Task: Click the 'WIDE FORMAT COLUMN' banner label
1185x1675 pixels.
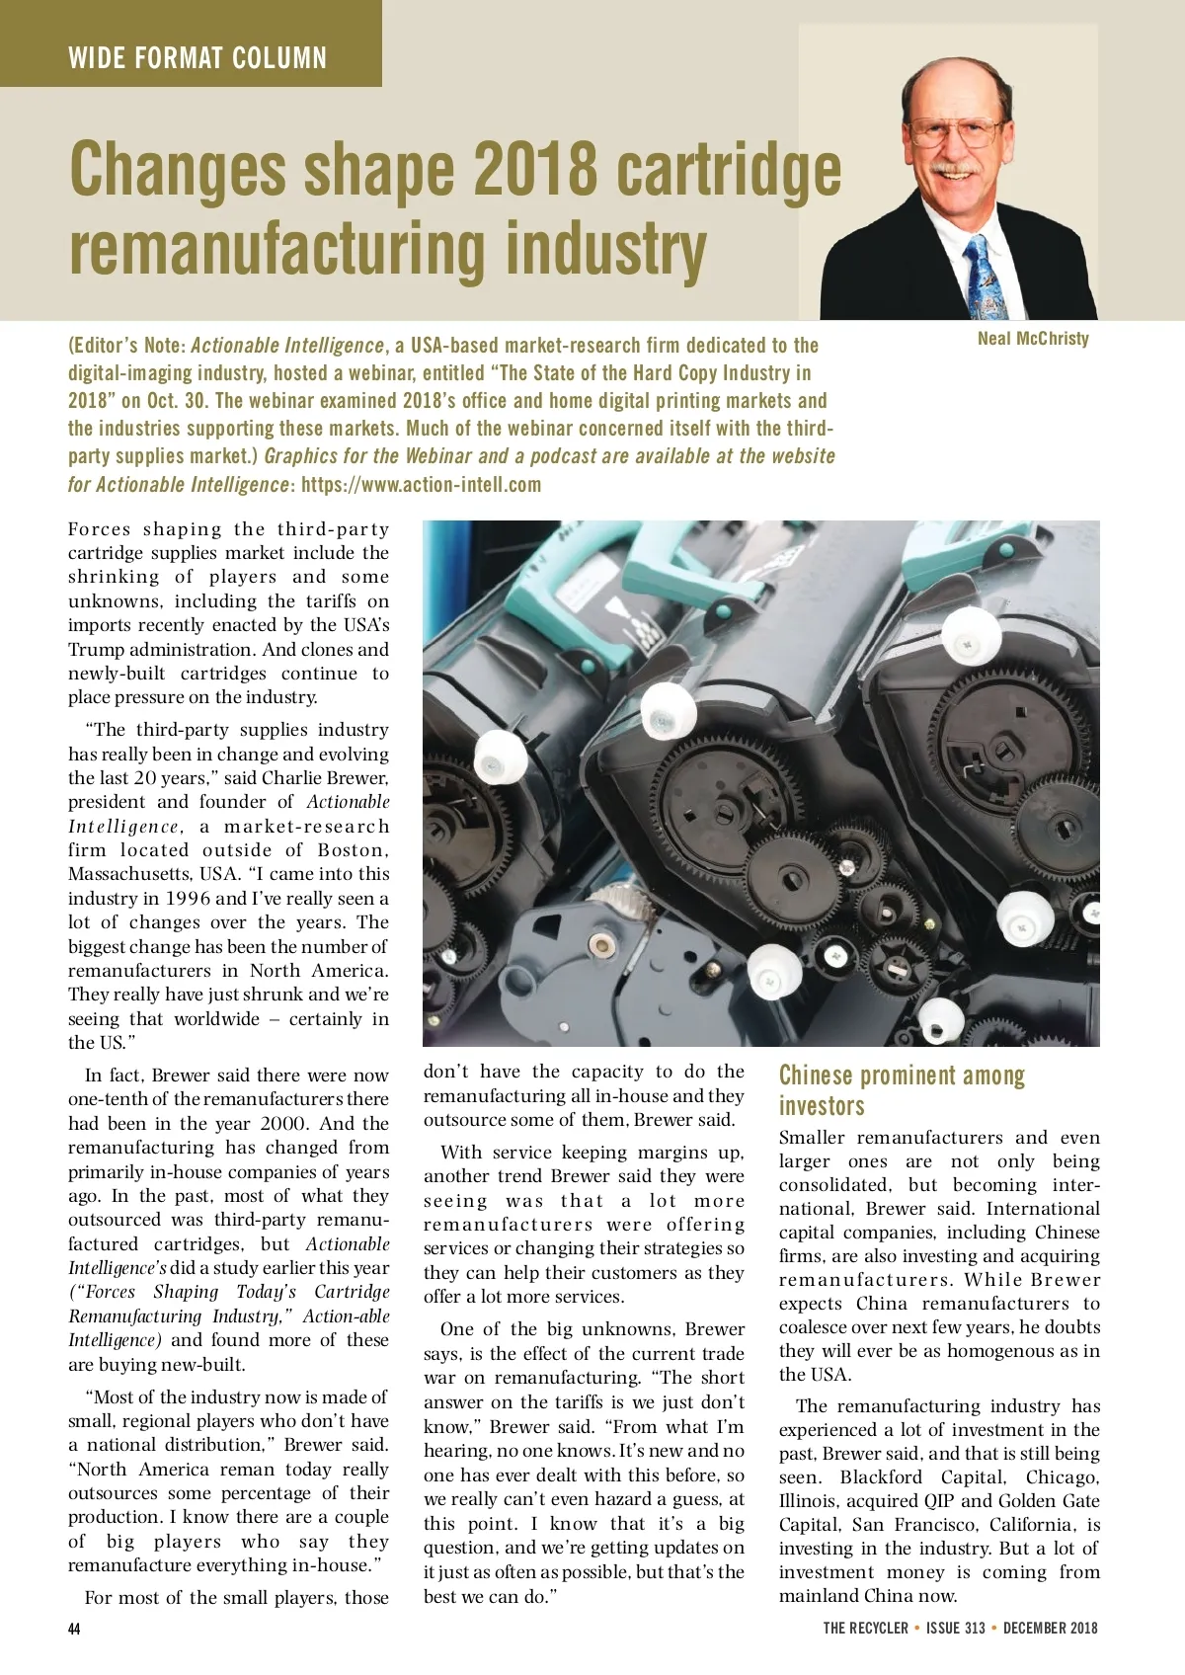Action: (x=197, y=58)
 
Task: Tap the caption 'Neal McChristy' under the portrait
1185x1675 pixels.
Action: (x=1033, y=339)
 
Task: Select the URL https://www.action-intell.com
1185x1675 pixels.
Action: (x=422, y=485)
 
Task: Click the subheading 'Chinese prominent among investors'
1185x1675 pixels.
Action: (x=901, y=1090)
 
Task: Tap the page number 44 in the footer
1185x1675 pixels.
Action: (x=74, y=1629)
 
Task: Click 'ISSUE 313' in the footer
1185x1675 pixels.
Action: (x=955, y=1629)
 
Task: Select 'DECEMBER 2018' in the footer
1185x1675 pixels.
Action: (x=1050, y=1629)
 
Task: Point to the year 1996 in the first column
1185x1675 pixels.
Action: (x=188, y=899)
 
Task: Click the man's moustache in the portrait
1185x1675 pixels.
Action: (x=955, y=168)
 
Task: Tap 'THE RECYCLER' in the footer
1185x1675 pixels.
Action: (x=865, y=1629)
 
